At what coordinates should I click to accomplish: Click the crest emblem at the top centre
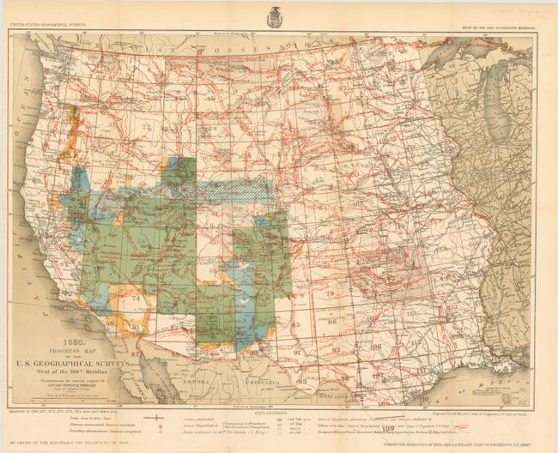click(x=275, y=15)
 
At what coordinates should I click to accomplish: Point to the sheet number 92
click(x=336, y=351)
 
